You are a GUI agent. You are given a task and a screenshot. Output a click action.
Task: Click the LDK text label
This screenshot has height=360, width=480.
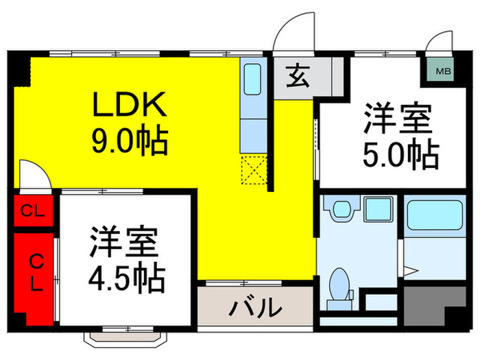[x=130, y=104]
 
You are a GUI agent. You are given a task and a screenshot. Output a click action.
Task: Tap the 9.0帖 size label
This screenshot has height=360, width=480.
[x=130, y=142]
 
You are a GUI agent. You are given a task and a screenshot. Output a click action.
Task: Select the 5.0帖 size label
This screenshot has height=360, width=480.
[x=400, y=155]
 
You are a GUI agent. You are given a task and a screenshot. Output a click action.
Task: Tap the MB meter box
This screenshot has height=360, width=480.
[x=443, y=71]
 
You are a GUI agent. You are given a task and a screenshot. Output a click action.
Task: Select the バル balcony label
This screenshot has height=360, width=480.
[x=255, y=307]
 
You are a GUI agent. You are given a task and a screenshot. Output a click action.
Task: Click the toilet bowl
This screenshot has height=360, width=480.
[x=339, y=284]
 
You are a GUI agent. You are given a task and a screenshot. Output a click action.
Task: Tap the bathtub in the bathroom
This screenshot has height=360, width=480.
[x=434, y=215]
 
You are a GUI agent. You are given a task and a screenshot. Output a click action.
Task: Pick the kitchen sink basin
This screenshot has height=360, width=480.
[x=252, y=80]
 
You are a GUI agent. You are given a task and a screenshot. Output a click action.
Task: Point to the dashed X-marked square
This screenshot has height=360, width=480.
[x=254, y=170]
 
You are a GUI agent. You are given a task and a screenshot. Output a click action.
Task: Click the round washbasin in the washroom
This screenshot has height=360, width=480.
[x=341, y=209]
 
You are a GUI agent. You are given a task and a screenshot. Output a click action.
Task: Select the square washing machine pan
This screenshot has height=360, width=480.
[x=379, y=209]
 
